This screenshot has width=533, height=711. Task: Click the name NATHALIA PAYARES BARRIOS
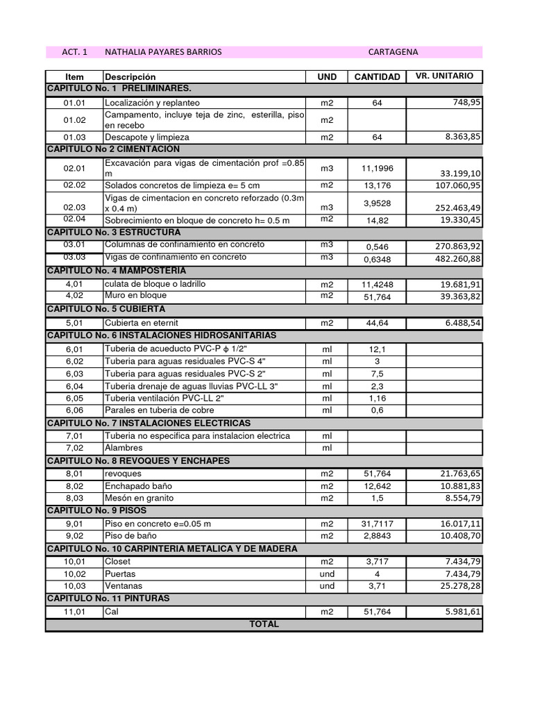click(x=163, y=52)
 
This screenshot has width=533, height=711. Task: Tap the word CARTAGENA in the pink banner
click(x=393, y=52)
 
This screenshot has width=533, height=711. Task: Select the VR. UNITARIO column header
click(x=444, y=76)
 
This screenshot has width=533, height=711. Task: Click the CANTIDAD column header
click(x=377, y=77)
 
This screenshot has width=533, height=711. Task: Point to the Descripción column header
click(x=130, y=77)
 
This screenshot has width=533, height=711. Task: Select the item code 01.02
click(x=74, y=120)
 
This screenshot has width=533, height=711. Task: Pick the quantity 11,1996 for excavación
click(x=377, y=168)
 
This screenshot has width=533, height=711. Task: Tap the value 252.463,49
click(x=456, y=208)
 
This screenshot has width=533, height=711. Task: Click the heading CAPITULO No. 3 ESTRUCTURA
click(x=114, y=232)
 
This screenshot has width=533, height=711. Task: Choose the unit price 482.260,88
click(x=456, y=259)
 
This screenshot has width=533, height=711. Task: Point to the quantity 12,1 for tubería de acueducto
click(x=377, y=349)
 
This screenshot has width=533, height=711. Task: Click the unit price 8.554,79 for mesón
click(x=461, y=499)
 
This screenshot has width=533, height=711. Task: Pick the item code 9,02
click(x=74, y=536)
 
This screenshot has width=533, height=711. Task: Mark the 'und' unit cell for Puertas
click(x=327, y=574)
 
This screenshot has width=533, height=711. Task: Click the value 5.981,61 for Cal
click(x=461, y=612)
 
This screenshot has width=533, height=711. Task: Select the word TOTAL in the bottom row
click(x=264, y=624)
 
